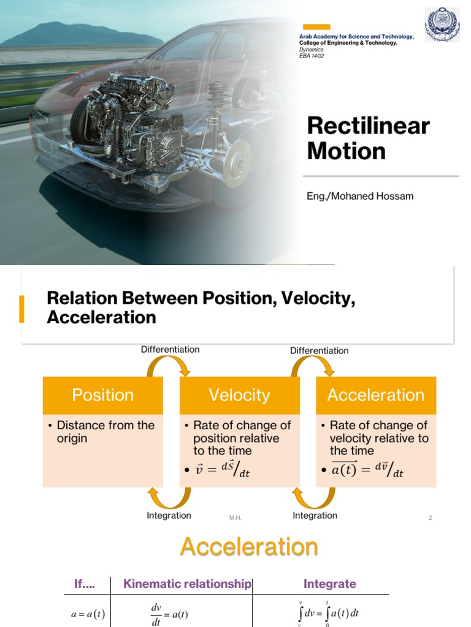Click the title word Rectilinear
pos(368,126)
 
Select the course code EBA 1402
pos(312,56)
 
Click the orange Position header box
pos(103,395)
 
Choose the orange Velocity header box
pos(239,395)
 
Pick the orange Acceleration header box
pos(375,395)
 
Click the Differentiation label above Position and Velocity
pos(170,350)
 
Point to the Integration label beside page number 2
pos(315,516)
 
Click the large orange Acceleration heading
pos(249,547)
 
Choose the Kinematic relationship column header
pos(187,584)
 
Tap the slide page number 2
pos(431,518)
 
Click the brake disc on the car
pos(237,163)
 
